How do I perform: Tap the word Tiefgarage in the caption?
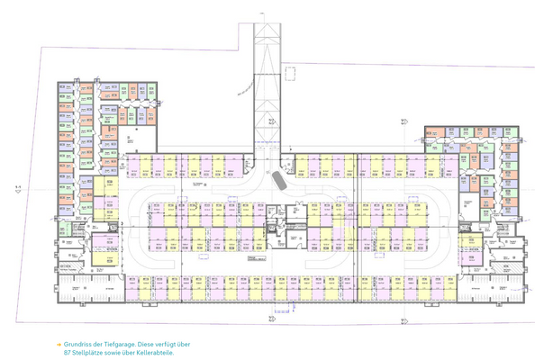point(124,343)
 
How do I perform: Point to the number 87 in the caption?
point(68,352)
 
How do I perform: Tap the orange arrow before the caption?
point(59,343)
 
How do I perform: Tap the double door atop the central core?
point(286,205)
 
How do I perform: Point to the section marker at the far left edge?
point(18,188)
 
